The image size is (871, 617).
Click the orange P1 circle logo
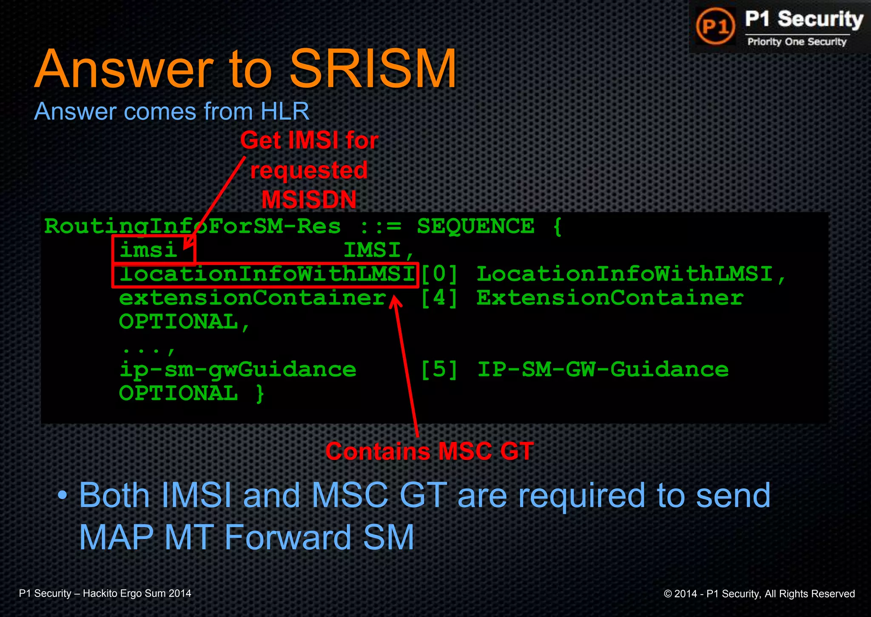pyautogui.click(x=716, y=26)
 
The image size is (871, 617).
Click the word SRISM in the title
pyautogui.click(x=373, y=69)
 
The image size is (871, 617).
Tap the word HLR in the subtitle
pyautogui.click(x=285, y=112)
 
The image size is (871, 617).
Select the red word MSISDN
pyautogui.click(x=309, y=200)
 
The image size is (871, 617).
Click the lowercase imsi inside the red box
pyautogui.click(x=148, y=250)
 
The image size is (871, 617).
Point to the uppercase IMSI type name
pyautogui.click(x=372, y=250)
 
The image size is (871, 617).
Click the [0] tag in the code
pyautogui.click(x=439, y=274)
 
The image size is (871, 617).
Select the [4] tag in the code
pyautogui.click(x=439, y=298)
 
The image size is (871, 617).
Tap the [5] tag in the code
pyautogui.click(x=439, y=369)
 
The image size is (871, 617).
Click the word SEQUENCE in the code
pyautogui.click(x=475, y=226)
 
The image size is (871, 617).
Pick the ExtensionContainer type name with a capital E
pyautogui.click(x=610, y=298)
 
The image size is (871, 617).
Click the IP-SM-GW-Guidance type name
pyautogui.click(x=603, y=369)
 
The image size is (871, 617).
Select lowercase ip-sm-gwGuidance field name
pyautogui.click(x=237, y=369)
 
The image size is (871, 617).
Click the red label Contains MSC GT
pyautogui.click(x=429, y=451)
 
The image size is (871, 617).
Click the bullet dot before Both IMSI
pyautogui.click(x=63, y=495)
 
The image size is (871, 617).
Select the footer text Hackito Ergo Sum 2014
pyautogui.click(x=137, y=594)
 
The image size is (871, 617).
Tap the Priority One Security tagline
pyautogui.click(x=797, y=42)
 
